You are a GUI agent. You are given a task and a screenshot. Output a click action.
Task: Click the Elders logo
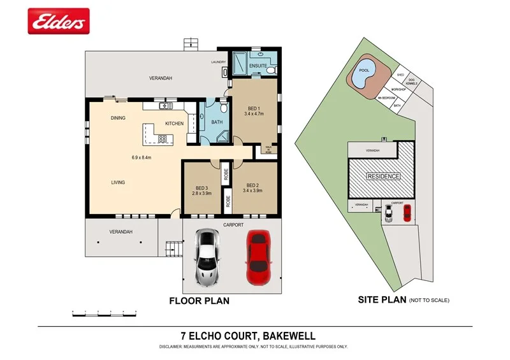(x=58, y=21)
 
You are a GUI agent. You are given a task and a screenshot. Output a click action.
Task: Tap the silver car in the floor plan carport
(x=207, y=257)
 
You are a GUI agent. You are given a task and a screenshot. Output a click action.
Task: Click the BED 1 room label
(x=254, y=108)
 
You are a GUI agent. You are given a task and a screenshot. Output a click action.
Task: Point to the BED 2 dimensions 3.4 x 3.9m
(x=253, y=190)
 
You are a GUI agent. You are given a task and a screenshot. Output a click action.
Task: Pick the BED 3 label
(x=202, y=187)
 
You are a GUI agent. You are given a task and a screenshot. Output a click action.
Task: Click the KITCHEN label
(x=174, y=124)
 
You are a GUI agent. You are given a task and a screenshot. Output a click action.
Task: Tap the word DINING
(x=118, y=118)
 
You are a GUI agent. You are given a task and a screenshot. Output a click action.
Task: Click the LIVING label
(x=118, y=182)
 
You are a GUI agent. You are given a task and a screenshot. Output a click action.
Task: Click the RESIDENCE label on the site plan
(x=382, y=176)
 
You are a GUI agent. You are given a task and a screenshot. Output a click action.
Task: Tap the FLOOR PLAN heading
(x=198, y=300)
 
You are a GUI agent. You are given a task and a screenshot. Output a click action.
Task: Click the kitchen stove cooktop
(x=162, y=138)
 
